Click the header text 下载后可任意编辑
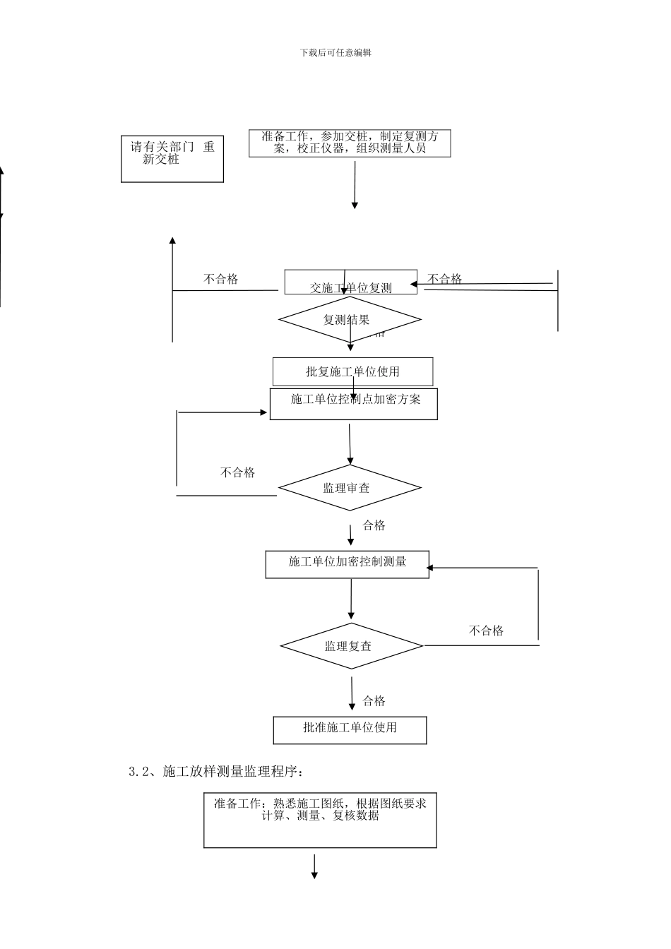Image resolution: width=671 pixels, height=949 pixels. tap(335, 52)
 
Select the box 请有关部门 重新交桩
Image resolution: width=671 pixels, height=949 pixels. tap(172, 159)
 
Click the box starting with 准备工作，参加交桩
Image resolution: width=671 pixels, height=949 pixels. tap(350, 143)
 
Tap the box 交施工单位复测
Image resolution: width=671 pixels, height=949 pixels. tap(350, 282)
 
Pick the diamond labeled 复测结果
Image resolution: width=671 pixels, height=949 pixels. tap(350, 320)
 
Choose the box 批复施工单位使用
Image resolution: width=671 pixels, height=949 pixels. tap(352, 371)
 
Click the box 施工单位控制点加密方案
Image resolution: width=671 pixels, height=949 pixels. tap(353, 404)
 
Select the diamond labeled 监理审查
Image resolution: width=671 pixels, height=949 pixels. tap(350, 488)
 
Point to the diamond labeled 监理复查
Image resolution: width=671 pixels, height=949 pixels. tap(351, 646)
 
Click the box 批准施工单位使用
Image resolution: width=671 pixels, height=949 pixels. tap(350, 730)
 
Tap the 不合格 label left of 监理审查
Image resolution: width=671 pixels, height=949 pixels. tap(237, 472)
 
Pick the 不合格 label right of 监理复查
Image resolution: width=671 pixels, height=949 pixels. tap(486, 631)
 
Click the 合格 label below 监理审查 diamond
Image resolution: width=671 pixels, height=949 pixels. tap(374, 525)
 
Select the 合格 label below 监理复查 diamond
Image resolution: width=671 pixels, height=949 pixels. tap(374, 701)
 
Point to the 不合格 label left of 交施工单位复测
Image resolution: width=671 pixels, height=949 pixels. tap(220, 279)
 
